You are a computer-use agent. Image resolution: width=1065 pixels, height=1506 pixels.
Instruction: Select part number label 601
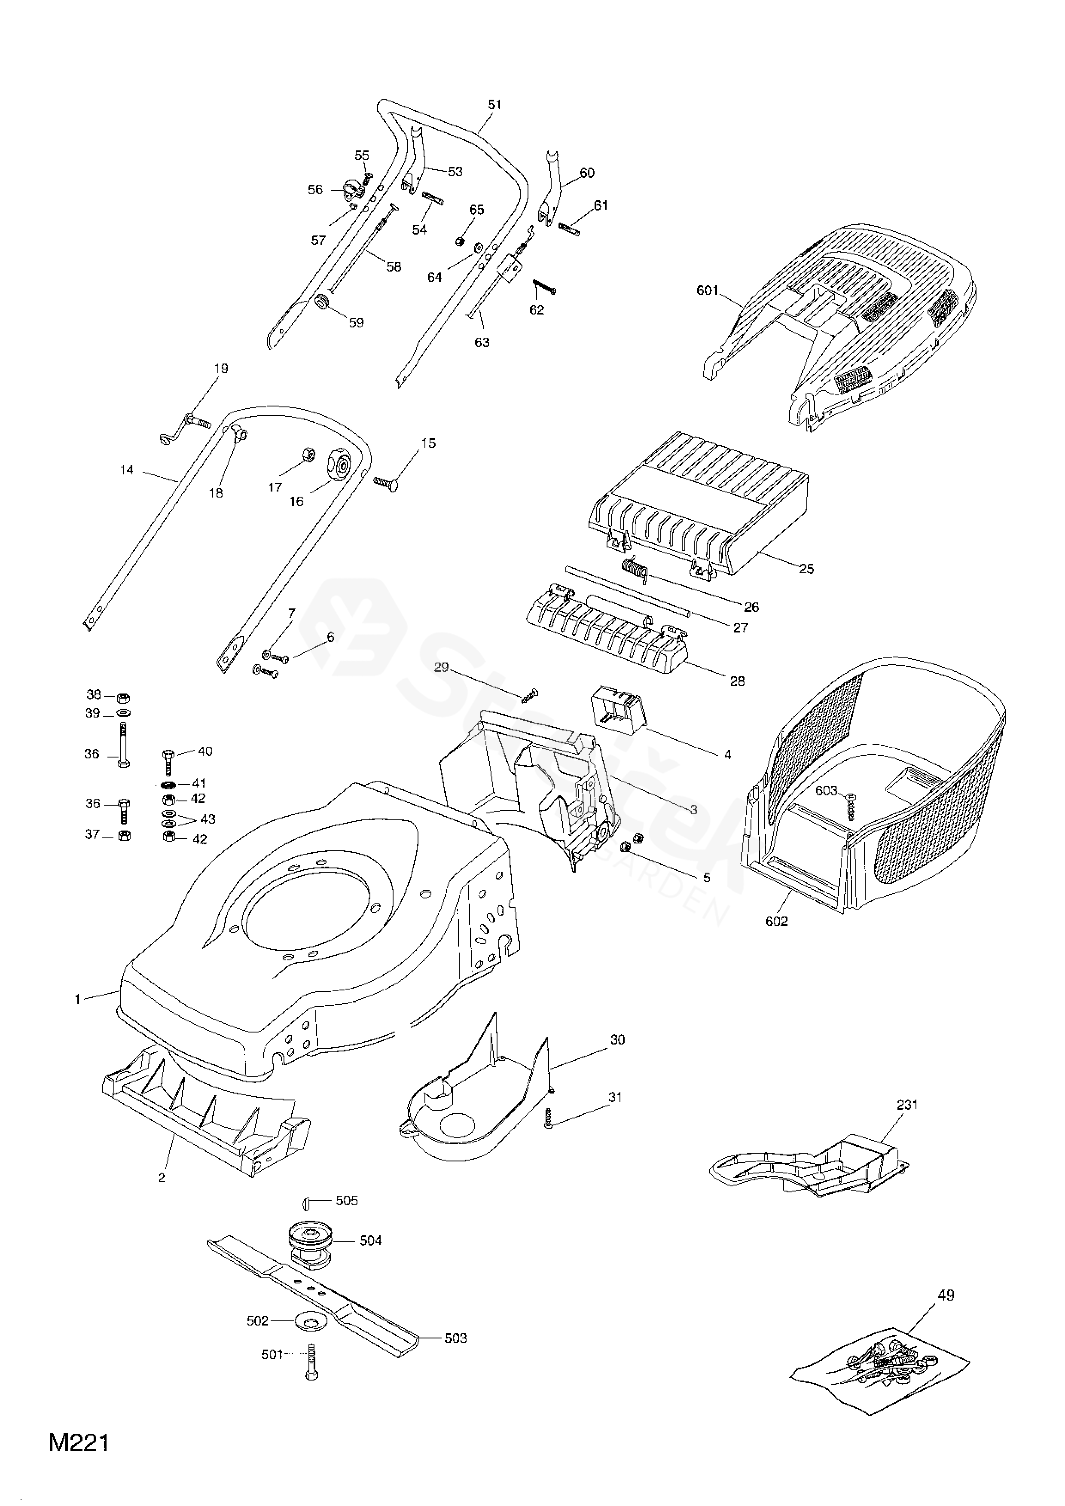tap(708, 290)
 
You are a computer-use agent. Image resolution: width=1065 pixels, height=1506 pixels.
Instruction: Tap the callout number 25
tap(807, 569)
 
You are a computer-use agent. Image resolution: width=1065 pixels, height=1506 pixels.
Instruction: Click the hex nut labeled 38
tap(122, 696)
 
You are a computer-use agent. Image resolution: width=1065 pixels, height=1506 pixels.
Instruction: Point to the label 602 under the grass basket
tap(776, 921)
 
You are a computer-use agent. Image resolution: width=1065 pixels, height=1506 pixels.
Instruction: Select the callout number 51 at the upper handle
tap(494, 104)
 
